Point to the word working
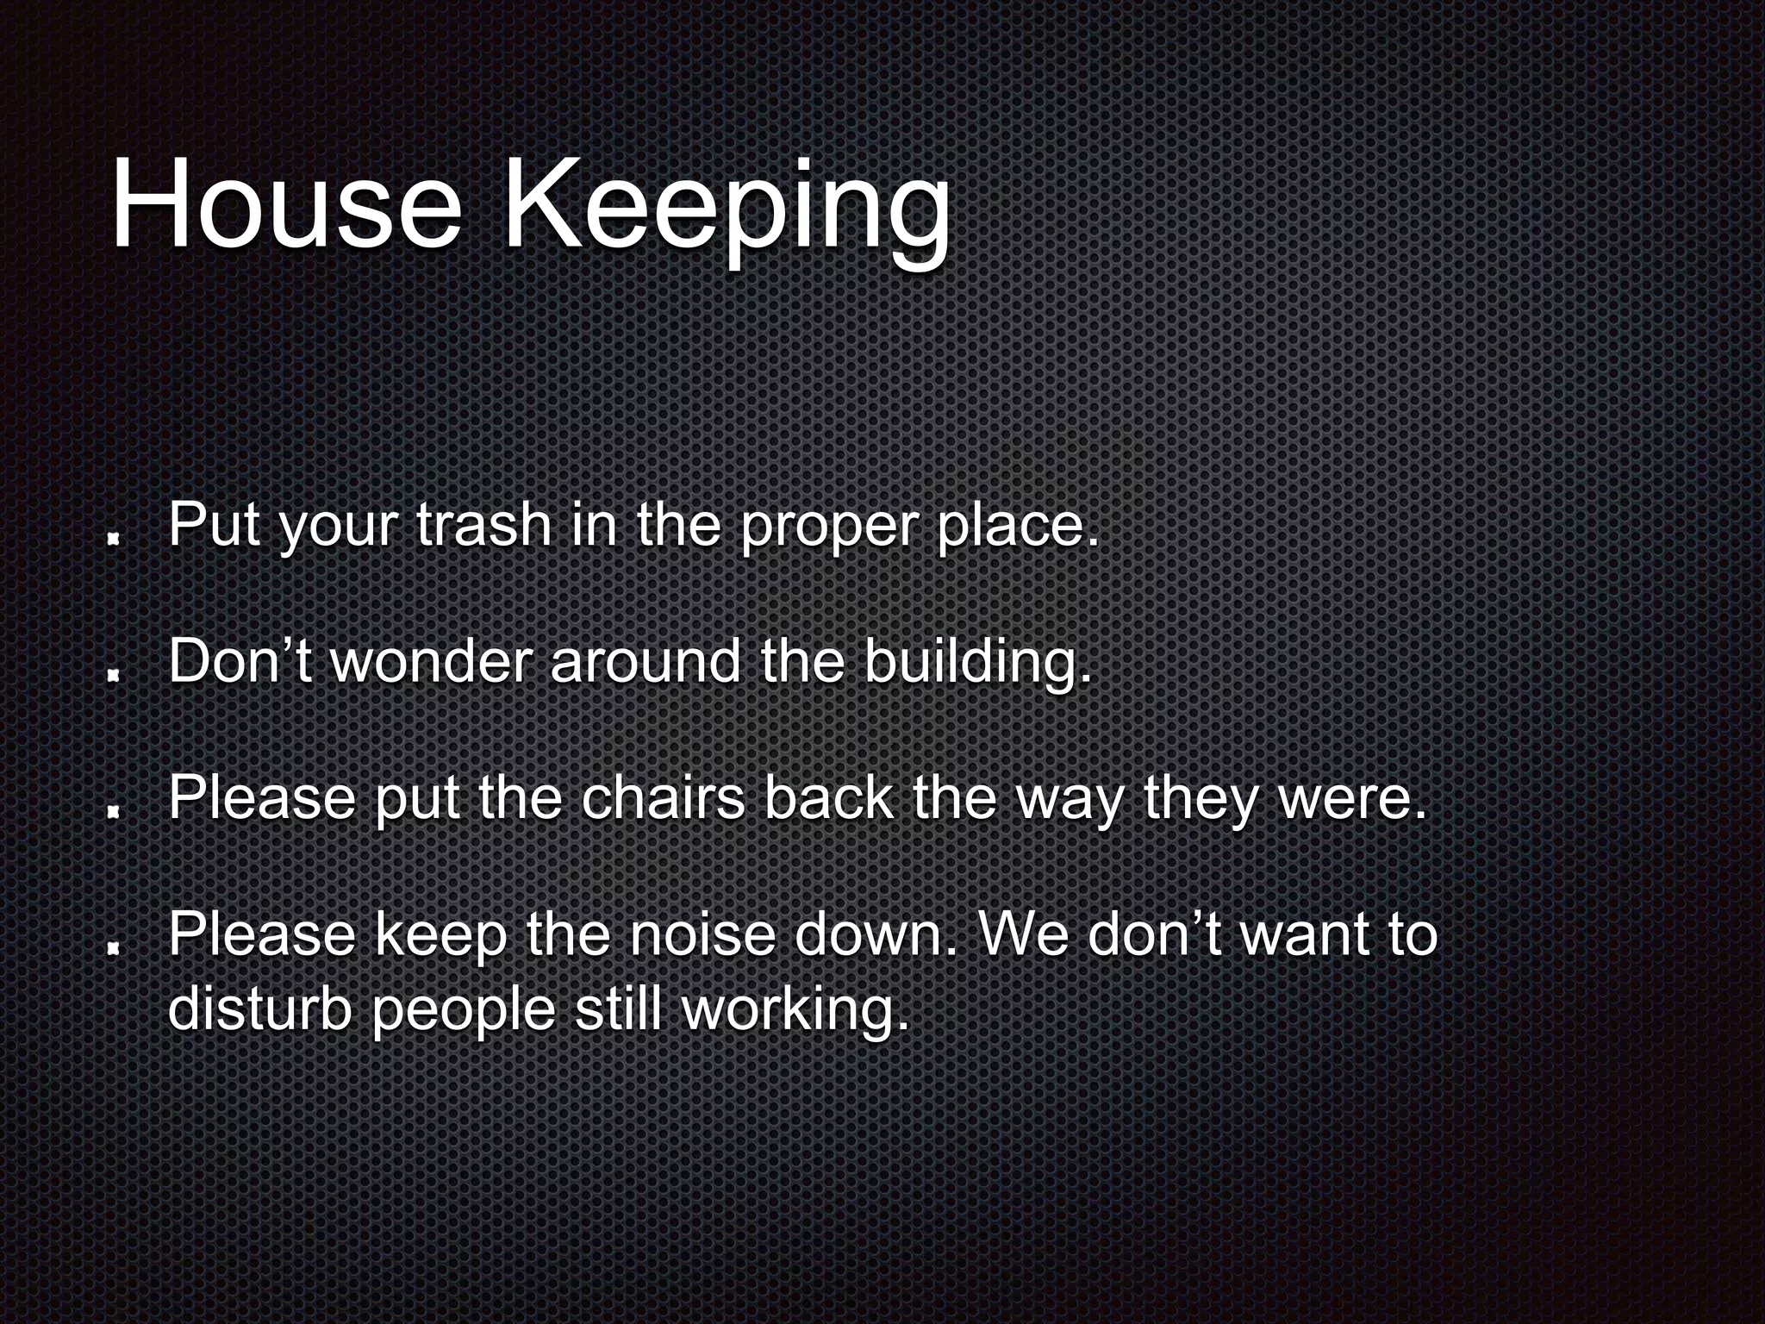[795, 1010]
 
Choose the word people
[464, 1010]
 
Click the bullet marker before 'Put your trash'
[112, 539]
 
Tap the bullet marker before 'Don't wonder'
[112, 676]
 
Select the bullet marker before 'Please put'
[112, 811]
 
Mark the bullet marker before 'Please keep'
[112, 947]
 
